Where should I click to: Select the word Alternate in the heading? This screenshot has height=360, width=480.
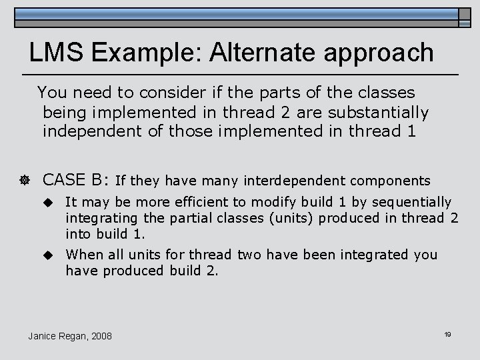click(265, 52)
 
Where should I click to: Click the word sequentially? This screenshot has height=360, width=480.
click(412, 202)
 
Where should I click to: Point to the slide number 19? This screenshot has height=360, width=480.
click(447, 333)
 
